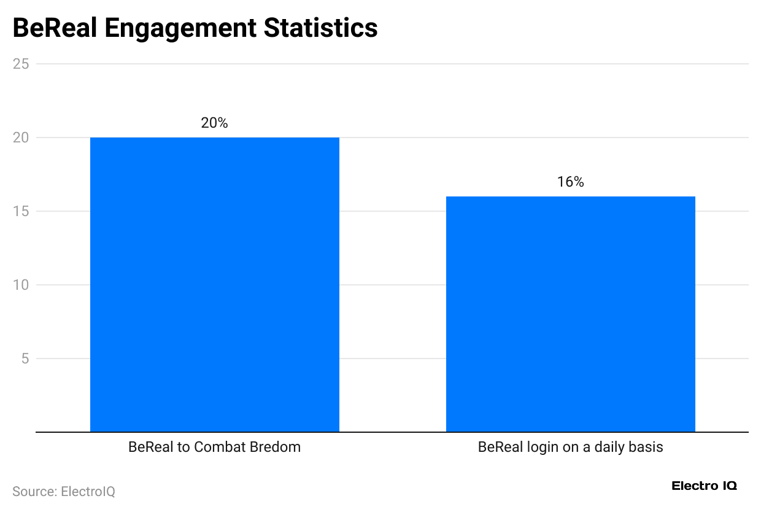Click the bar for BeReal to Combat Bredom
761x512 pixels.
tap(214, 284)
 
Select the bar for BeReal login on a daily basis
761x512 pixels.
tap(570, 314)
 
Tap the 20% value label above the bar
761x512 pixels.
tap(214, 123)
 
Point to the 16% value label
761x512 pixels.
tap(570, 182)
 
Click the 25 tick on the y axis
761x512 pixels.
tap(21, 64)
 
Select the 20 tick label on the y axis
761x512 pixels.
tap(21, 138)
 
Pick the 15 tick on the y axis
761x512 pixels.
tap(21, 211)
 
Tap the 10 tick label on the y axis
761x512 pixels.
tap(21, 285)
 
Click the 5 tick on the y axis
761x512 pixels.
tap(25, 359)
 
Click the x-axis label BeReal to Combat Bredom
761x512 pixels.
tap(214, 447)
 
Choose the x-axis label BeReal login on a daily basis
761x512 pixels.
tap(570, 447)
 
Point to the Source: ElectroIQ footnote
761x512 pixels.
tap(64, 492)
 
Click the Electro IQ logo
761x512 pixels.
tap(705, 486)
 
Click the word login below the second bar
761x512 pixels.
tap(540, 447)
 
